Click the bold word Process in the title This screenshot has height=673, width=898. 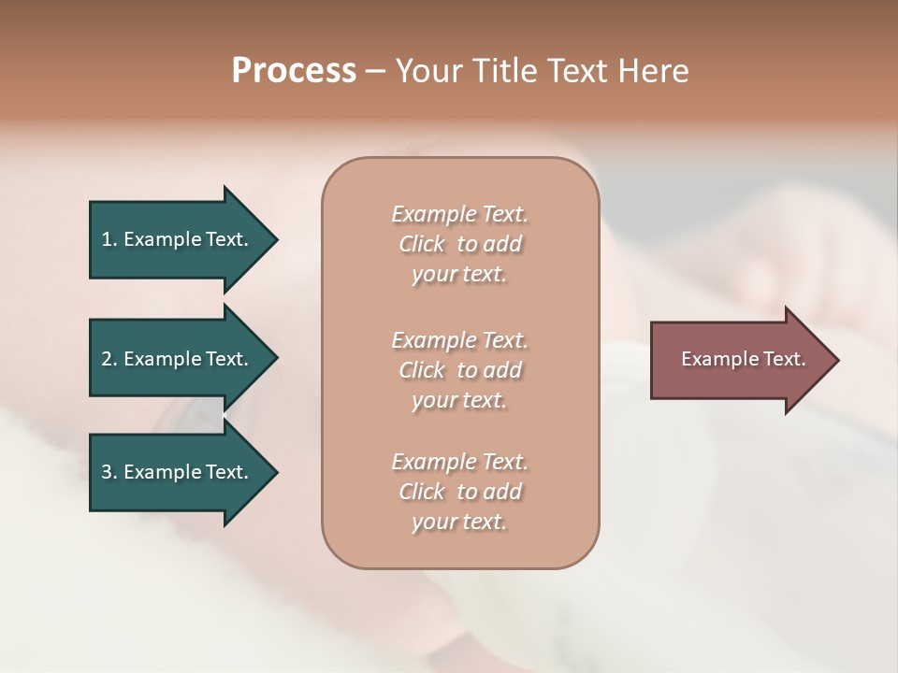click(x=294, y=71)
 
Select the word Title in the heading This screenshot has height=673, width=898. click(x=506, y=71)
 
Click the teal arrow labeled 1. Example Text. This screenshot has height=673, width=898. click(x=178, y=239)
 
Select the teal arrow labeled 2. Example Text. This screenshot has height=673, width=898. click(x=178, y=359)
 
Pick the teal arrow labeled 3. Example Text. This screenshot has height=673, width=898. click(x=178, y=472)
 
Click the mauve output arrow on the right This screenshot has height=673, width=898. click(x=739, y=360)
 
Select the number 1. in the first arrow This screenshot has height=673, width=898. click(x=109, y=239)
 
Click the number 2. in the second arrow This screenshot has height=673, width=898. click(x=109, y=359)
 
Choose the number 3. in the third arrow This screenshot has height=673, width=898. click(x=109, y=472)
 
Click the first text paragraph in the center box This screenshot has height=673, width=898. click(x=459, y=244)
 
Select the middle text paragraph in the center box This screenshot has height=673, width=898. click(x=459, y=369)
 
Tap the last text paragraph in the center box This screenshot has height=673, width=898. click(x=459, y=492)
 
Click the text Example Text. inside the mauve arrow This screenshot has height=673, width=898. click(x=743, y=359)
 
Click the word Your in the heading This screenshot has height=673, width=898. click(x=427, y=71)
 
